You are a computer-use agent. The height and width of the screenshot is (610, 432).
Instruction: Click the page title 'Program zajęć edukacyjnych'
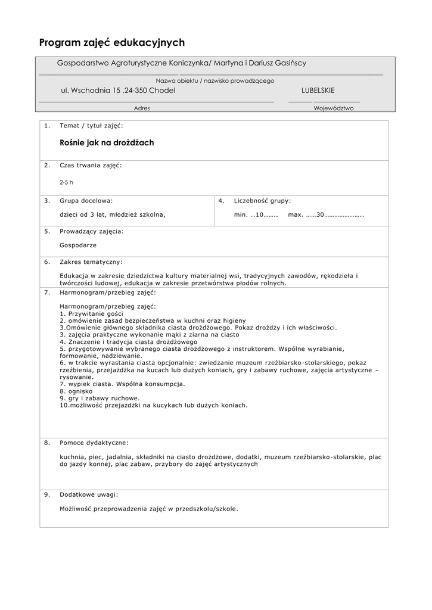pyautogui.click(x=112, y=43)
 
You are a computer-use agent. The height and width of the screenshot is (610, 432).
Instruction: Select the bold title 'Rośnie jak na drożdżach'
pyautogui.click(x=107, y=143)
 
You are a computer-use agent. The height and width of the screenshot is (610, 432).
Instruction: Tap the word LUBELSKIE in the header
pyautogui.click(x=318, y=91)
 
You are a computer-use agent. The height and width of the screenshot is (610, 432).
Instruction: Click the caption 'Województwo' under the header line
pyautogui.click(x=334, y=108)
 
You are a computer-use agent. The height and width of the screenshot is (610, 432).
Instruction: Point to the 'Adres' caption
pyautogui.click(x=142, y=108)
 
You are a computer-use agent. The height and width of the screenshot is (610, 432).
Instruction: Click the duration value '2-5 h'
pyautogui.click(x=66, y=182)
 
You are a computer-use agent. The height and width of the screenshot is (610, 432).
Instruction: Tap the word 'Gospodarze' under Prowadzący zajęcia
pyautogui.click(x=78, y=245)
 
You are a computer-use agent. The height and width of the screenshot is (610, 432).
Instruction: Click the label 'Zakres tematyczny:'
pyautogui.click(x=91, y=262)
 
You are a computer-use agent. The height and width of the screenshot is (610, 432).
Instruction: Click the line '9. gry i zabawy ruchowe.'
pyautogui.click(x=100, y=398)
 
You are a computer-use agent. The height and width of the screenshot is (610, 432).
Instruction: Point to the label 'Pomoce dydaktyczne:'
pyautogui.click(x=94, y=443)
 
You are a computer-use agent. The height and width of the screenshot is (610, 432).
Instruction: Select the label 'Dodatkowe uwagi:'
pyautogui.click(x=89, y=494)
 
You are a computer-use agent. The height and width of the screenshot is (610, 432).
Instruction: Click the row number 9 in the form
pyautogui.click(x=46, y=494)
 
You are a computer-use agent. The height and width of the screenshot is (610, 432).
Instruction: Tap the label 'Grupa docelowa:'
pyautogui.click(x=86, y=201)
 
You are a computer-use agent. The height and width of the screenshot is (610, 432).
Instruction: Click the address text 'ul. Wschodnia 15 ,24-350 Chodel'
pyautogui.click(x=118, y=91)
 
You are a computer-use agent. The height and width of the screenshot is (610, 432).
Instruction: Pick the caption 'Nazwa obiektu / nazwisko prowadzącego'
pyautogui.click(x=215, y=80)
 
